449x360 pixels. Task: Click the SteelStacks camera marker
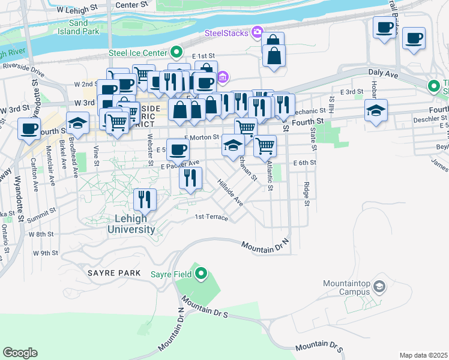point(258,32)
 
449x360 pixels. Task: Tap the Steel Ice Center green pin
point(176,52)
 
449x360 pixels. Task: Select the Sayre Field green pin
point(201,274)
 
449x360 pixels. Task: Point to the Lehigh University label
point(131,224)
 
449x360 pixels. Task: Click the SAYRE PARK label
point(113,273)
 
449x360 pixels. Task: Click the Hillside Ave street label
point(230,193)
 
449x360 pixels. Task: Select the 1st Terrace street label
point(211,217)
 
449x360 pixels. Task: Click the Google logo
point(20,353)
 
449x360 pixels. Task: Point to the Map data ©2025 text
point(423,355)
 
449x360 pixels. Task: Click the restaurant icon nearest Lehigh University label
point(144,199)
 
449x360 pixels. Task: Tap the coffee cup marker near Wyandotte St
point(29,128)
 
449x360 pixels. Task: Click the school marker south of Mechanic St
point(376,110)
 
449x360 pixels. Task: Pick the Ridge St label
point(306,194)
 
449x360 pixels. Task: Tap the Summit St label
point(44,211)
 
